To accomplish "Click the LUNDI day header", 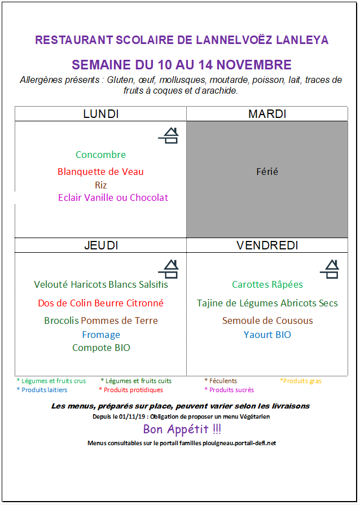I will (x=100, y=114).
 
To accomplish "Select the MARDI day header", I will (x=267, y=114).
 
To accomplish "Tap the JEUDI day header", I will (x=100, y=245).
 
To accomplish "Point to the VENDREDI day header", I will (x=267, y=245).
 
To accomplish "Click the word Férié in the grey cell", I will (x=267, y=172).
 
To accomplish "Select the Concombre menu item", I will (x=100, y=155).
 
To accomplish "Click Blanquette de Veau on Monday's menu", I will (x=100, y=172).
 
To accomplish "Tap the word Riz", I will (x=100, y=185).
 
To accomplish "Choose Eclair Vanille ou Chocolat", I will (x=113, y=197).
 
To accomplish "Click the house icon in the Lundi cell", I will (x=168, y=135).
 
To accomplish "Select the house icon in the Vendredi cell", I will (x=330, y=269).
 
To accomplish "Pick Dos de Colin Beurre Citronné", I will (x=100, y=303).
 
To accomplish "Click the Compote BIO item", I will (x=101, y=348).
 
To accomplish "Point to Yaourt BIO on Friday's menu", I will (x=267, y=335).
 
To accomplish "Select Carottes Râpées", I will (x=267, y=284).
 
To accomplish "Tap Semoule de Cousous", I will (x=267, y=320).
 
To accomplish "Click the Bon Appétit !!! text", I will (x=182, y=429).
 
